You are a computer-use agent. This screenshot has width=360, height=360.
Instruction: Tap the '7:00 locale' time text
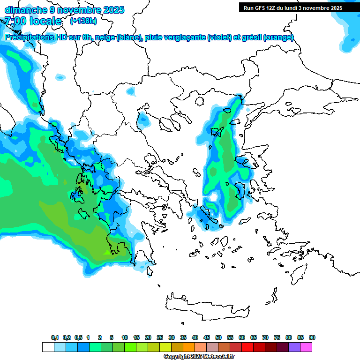(33, 21)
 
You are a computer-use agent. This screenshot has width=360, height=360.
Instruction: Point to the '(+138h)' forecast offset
(83, 21)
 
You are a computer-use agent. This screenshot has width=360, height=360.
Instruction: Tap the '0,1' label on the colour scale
(55, 337)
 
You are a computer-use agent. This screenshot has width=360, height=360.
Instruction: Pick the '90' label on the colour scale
(312, 337)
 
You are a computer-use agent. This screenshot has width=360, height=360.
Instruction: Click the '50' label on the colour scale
(218, 337)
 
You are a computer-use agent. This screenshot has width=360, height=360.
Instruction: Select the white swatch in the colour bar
(48, 347)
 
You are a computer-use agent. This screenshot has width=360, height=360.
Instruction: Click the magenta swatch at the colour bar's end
(307, 347)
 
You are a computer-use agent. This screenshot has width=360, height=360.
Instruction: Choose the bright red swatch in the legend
(247, 347)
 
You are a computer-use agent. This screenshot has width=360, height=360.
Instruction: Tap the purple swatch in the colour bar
(295, 347)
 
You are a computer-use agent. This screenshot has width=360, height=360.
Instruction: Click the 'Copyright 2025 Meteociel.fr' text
(199, 356)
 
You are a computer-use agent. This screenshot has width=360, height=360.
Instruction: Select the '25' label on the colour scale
(160, 337)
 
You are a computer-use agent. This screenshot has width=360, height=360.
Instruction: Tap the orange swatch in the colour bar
(189, 347)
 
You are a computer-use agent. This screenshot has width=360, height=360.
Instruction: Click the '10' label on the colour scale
(125, 337)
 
